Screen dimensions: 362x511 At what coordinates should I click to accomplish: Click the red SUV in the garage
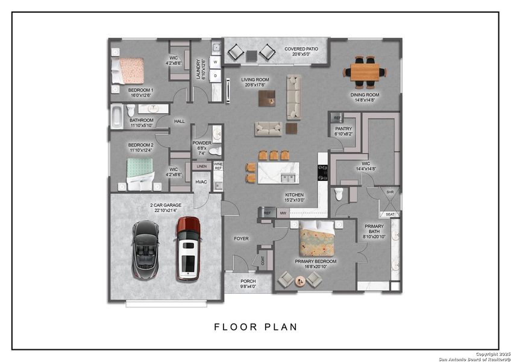tap(188, 249)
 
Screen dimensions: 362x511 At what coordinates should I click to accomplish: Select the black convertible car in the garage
tap(145, 249)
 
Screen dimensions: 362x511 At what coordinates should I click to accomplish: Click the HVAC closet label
tap(201, 182)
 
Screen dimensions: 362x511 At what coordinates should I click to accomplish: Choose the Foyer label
tap(241, 239)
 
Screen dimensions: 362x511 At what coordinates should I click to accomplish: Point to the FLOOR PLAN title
tap(255, 327)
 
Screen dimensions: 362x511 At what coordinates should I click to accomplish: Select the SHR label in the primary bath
tap(390, 192)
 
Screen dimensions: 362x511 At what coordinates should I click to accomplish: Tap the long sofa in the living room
tap(293, 97)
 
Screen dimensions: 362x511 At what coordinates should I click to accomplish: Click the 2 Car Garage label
tap(166, 208)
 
